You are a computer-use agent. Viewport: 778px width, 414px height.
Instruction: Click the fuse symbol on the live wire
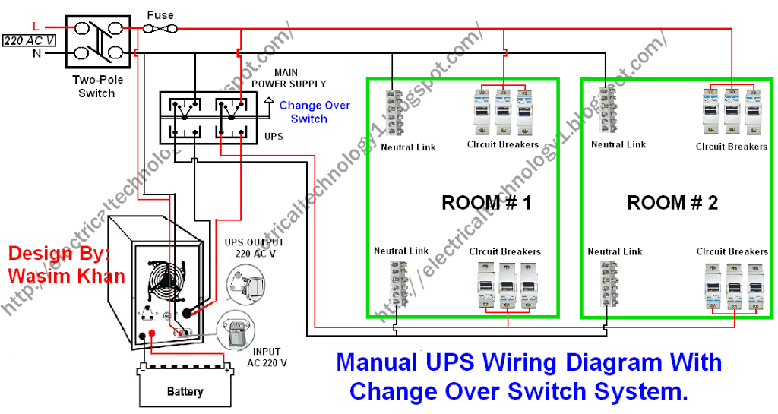point(160,30)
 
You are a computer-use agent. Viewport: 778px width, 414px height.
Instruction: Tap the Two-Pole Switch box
point(98,42)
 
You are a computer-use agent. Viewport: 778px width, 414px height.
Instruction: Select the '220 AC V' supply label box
point(30,41)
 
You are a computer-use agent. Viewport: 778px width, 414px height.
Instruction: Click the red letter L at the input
point(36,27)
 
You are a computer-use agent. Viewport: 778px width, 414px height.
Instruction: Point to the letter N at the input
point(36,53)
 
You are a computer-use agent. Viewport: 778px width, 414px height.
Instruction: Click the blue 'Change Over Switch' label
point(314,112)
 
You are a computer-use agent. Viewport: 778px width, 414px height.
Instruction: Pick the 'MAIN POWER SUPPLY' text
point(288,78)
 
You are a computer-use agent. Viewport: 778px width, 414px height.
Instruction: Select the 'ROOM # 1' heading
point(486,203)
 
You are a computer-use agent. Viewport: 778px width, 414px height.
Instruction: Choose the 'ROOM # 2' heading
point(672,203)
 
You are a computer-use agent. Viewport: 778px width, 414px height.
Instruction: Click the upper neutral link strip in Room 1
point(395,112)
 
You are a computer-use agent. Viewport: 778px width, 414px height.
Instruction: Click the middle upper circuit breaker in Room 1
point(503,112)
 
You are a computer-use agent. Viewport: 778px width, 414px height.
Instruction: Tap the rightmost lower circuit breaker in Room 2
point(755,287)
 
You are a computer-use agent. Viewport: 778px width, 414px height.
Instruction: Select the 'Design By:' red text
point(59,254)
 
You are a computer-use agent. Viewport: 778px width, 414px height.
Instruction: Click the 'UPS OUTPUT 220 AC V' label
point(254,248)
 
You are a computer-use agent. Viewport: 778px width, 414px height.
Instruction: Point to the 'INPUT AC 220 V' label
point(267,357)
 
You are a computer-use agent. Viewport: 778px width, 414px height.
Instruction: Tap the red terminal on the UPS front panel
point(152,333)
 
